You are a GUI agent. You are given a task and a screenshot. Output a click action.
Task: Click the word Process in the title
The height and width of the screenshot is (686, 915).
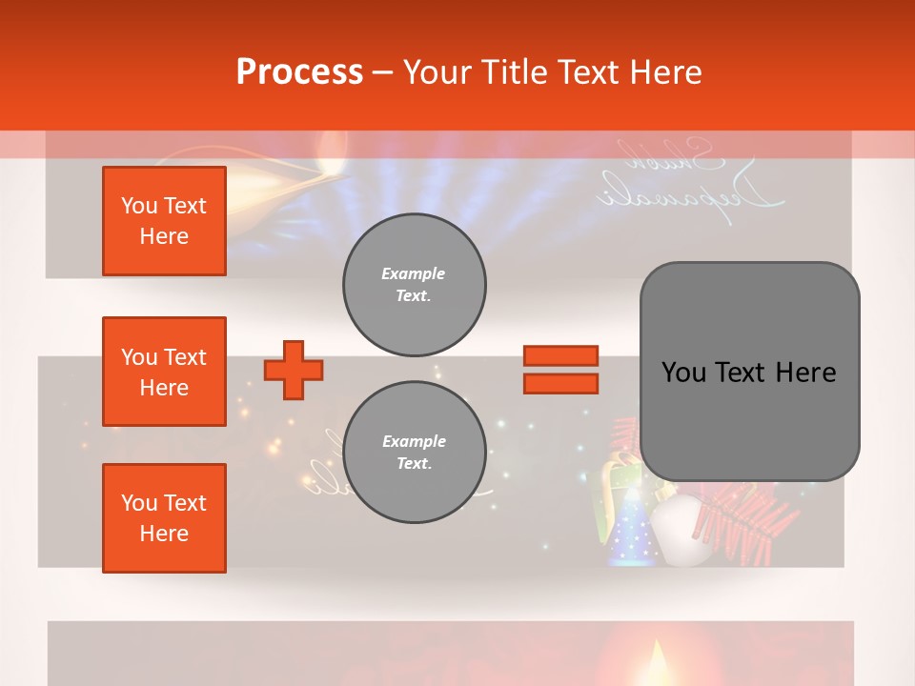[x=299, y=72]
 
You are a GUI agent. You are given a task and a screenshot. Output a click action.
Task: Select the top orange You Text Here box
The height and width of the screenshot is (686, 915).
[x=164, y=221]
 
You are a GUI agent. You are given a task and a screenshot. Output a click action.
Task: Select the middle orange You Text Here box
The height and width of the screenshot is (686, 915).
[x=164, y=372]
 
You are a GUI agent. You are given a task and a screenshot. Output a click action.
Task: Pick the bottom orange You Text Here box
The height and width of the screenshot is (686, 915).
[x=164, y=518]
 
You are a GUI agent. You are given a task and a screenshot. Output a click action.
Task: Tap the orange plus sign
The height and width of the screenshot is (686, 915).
[x=294, y=370]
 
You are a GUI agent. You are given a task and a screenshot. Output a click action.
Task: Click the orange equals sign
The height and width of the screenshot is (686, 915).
[x=560, y=370]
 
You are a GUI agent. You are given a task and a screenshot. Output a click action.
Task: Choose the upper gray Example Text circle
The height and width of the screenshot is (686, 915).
[x=414, y=285]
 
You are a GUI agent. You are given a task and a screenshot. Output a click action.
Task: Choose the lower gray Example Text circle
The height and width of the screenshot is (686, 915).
[x=414, y=452]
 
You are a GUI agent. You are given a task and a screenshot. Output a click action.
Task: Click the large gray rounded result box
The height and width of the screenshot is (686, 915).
[x=749, y=372]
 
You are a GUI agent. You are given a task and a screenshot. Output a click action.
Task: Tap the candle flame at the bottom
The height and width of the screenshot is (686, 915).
[x=656, y=661]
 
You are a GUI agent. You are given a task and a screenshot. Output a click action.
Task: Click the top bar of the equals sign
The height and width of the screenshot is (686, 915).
[x=560, y=356]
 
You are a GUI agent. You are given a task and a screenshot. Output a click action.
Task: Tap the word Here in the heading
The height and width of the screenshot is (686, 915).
[x=664, y=72]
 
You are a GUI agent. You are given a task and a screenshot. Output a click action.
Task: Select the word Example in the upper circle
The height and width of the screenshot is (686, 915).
[x=414, y=273]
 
